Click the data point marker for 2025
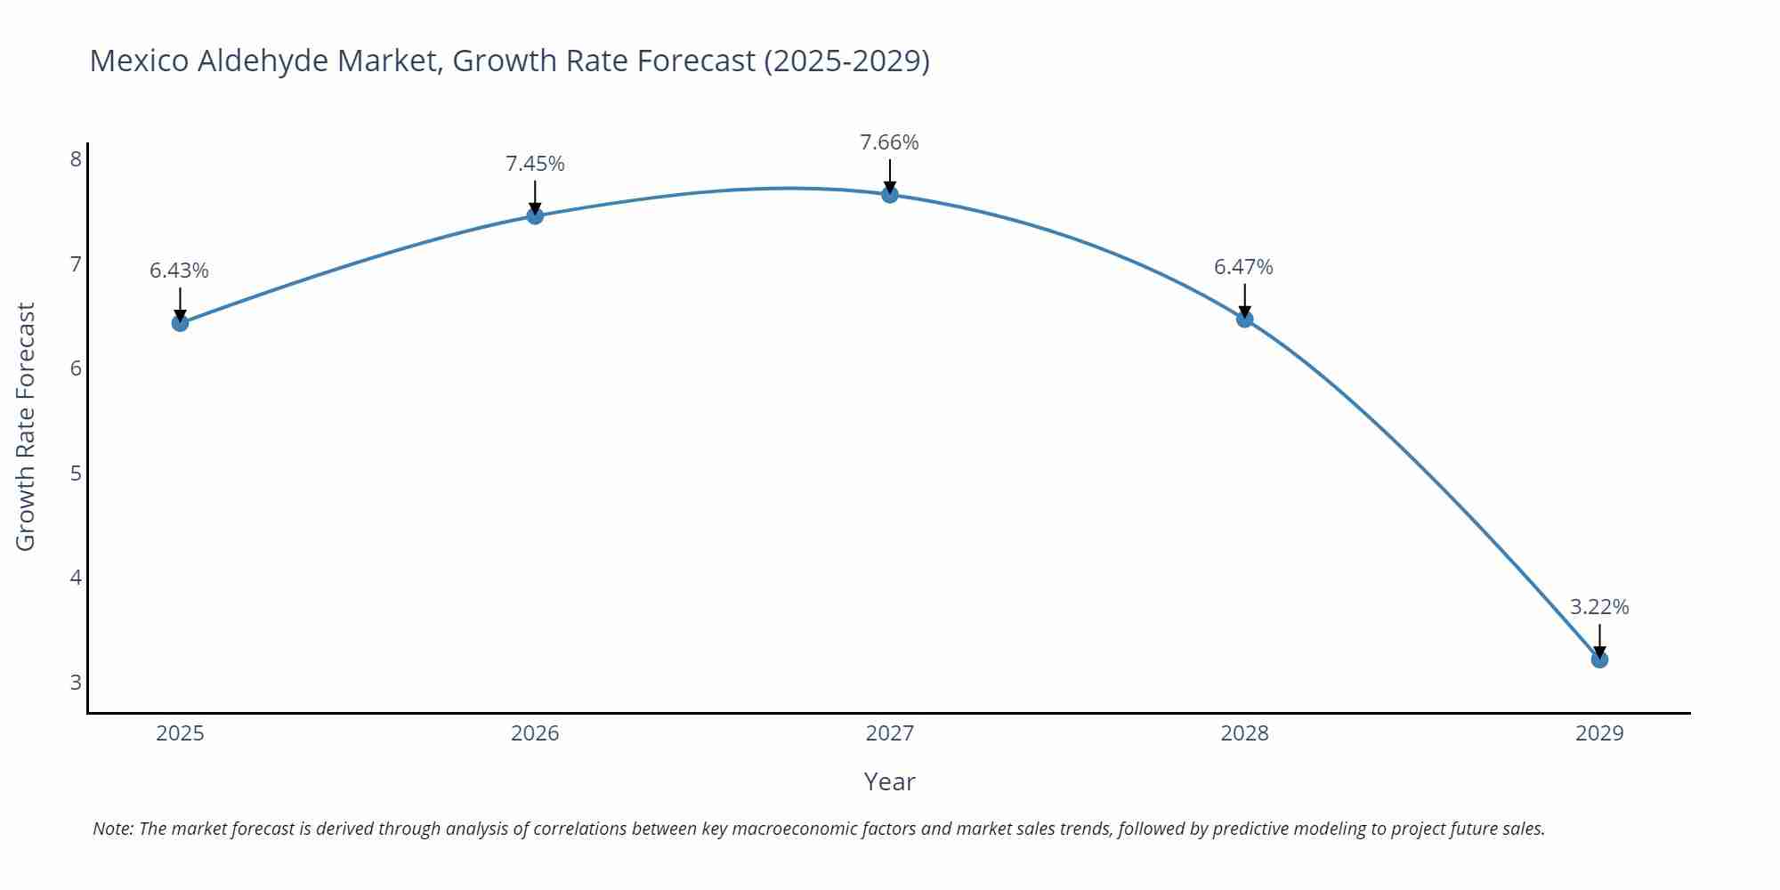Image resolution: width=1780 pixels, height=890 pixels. click(180, 322)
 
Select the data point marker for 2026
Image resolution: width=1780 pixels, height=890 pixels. click(535, 215)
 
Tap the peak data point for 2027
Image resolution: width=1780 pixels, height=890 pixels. click(889, 194)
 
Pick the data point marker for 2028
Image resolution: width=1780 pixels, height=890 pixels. click(1244, 319)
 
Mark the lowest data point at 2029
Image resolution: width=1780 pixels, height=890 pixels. click(1599, 659)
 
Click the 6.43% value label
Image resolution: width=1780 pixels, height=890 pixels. click(179, 271)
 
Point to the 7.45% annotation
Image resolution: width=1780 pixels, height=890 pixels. click(535, 164)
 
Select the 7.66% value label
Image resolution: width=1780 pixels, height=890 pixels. click(889, 142)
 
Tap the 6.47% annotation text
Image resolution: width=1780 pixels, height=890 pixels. click(1243, 267)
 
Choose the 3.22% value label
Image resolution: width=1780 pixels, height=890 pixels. click(1599, 607)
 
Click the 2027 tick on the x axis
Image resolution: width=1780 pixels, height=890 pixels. click(889, 733)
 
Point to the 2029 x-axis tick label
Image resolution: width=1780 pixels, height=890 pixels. click(1599, 733)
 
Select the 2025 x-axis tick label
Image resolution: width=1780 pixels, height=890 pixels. click(180, 733)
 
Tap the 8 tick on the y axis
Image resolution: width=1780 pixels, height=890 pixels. click(76, 159)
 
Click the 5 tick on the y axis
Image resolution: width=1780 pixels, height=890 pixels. click(76, 473)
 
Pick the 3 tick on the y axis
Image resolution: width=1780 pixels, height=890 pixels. click(76, 683)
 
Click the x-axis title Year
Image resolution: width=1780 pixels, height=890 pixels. click(889, 781)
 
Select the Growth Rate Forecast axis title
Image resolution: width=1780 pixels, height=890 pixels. click(26, 426)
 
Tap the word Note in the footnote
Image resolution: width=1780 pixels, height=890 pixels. click(112, 829)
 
